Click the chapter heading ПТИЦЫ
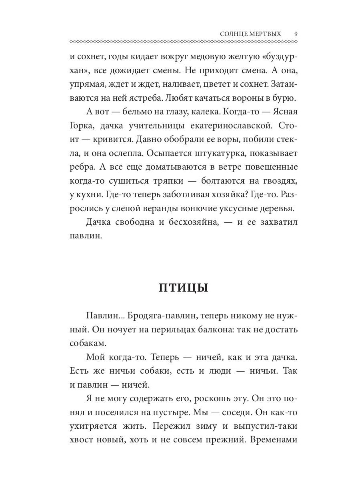coord(183,288)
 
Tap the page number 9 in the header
coord(296,34)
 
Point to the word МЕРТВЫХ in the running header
coord(270,34)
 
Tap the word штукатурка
coord(225,154)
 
